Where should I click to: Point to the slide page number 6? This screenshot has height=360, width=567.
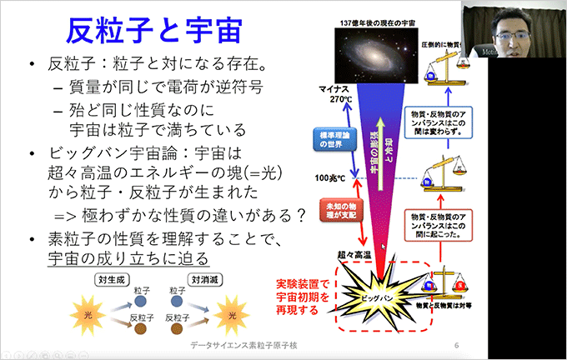click(456, 346)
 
